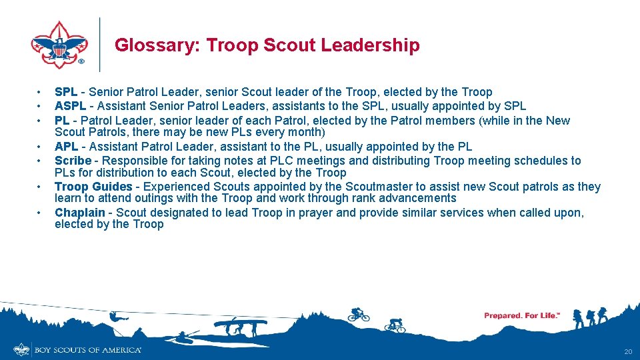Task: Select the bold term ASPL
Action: point(71,106)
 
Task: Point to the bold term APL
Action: point(67,147)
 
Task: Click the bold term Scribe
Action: point(73,161)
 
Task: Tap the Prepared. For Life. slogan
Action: point(522,315)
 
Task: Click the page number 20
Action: point(627,351)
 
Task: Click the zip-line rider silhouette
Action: point(115,318)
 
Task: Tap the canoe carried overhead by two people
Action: point(240,324)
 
